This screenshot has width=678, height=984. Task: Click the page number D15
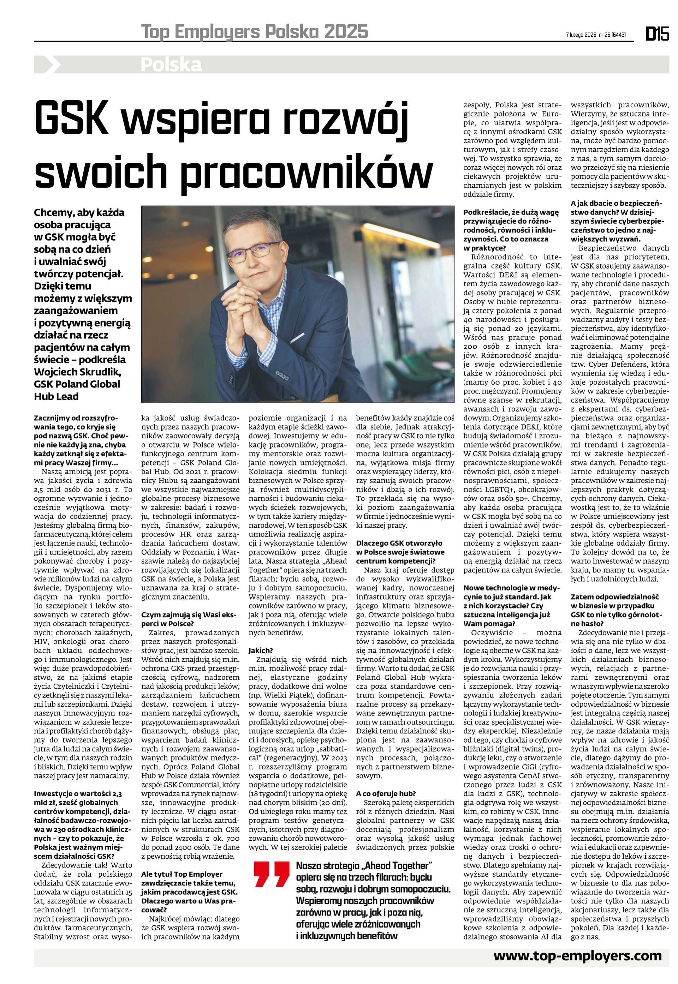[657, 34]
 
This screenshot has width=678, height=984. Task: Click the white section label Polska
[171, 65]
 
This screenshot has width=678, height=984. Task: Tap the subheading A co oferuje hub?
[386, 793]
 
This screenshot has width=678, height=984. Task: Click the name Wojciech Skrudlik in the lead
[78, 372]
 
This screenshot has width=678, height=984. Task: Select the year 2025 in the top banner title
[345, 32]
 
